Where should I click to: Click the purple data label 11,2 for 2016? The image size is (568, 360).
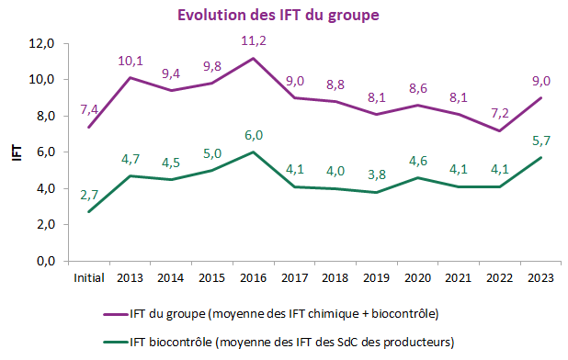pos(253,40)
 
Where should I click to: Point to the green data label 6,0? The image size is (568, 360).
pos(253,135)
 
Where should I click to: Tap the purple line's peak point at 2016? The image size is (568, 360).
pos(253,58)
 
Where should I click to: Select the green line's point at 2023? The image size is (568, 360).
pos(540,157)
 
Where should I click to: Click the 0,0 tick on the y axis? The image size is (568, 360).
pos(46,261)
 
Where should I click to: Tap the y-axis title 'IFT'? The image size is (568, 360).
pos(16,152)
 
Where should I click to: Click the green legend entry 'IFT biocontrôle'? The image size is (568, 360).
pos(292,341)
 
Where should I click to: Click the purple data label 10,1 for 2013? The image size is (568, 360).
pos(130,61)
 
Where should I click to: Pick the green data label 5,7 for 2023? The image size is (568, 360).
pos(540,141)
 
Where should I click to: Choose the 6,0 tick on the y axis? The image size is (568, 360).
pos(46,152)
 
